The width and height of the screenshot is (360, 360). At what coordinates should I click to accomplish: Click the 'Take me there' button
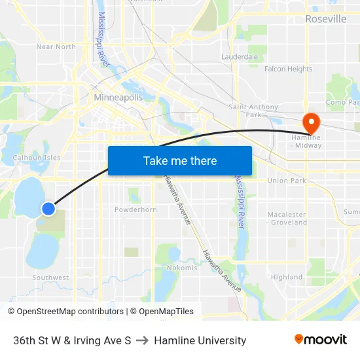pos(179,160)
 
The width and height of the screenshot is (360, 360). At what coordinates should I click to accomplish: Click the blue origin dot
pos(48,209)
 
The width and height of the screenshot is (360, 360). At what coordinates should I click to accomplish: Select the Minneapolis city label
pos(118,98)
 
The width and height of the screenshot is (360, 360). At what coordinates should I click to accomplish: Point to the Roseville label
pos(325,19)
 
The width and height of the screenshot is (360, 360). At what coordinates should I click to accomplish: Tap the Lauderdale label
pos(240,57)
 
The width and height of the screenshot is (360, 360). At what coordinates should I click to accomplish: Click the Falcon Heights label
pos(288,69)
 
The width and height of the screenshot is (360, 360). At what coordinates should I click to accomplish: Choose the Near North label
pos(56,46)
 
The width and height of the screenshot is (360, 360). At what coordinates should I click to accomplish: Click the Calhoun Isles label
pos(37,158)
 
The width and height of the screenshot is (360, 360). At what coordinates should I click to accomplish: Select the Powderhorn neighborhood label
pos(135,209)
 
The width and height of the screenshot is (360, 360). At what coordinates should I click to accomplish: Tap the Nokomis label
pos(182,268)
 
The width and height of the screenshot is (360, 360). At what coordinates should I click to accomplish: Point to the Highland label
pos(287,277)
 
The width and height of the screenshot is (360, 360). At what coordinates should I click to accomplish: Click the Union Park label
pos(286,180)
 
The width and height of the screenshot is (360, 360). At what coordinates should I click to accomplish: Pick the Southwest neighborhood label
pos(50,278)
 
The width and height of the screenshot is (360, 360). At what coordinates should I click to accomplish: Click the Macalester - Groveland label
pos(287,218)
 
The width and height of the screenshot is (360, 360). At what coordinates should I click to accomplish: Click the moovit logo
pos(321,340)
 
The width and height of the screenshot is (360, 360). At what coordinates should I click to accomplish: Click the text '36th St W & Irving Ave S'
pos(72,340)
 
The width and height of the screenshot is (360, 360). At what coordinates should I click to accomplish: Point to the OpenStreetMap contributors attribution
pos(65,312)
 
